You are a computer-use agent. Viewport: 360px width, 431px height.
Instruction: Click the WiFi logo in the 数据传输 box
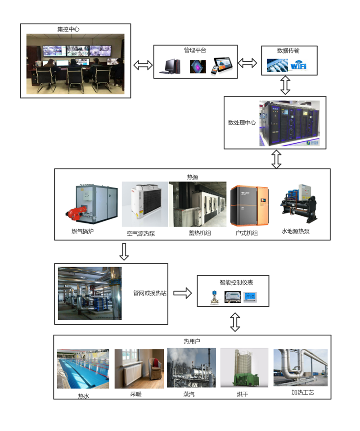pyautogui.click(x=298, y=66)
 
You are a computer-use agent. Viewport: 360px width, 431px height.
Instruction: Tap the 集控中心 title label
pyautogui.click(x=68, y=29)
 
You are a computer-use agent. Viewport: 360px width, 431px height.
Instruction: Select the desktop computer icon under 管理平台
pyautogui.click(x=170, y=67)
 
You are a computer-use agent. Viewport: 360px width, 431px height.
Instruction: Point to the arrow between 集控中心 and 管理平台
pyautogui.click(x=143, y=66)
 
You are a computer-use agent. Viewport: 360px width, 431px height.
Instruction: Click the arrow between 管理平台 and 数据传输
pyautogui.click(x=247, y=63)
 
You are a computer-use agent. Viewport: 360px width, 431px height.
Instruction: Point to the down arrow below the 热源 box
pyautogui.click(x=124, y=252)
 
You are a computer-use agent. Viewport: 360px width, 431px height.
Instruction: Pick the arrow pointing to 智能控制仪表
pyautogui.click(x=182, y=293)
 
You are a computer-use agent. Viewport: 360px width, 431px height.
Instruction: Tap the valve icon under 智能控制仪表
pyautogui.click(x=213, y=297)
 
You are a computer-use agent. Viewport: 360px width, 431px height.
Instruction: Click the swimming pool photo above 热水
pyautogui.click(x=83, y=369)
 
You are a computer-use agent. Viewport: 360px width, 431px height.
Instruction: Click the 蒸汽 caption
pyautogui.click(x=189, y=394)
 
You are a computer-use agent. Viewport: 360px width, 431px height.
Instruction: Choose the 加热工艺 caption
pyautogui.click(x=302, y=393)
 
